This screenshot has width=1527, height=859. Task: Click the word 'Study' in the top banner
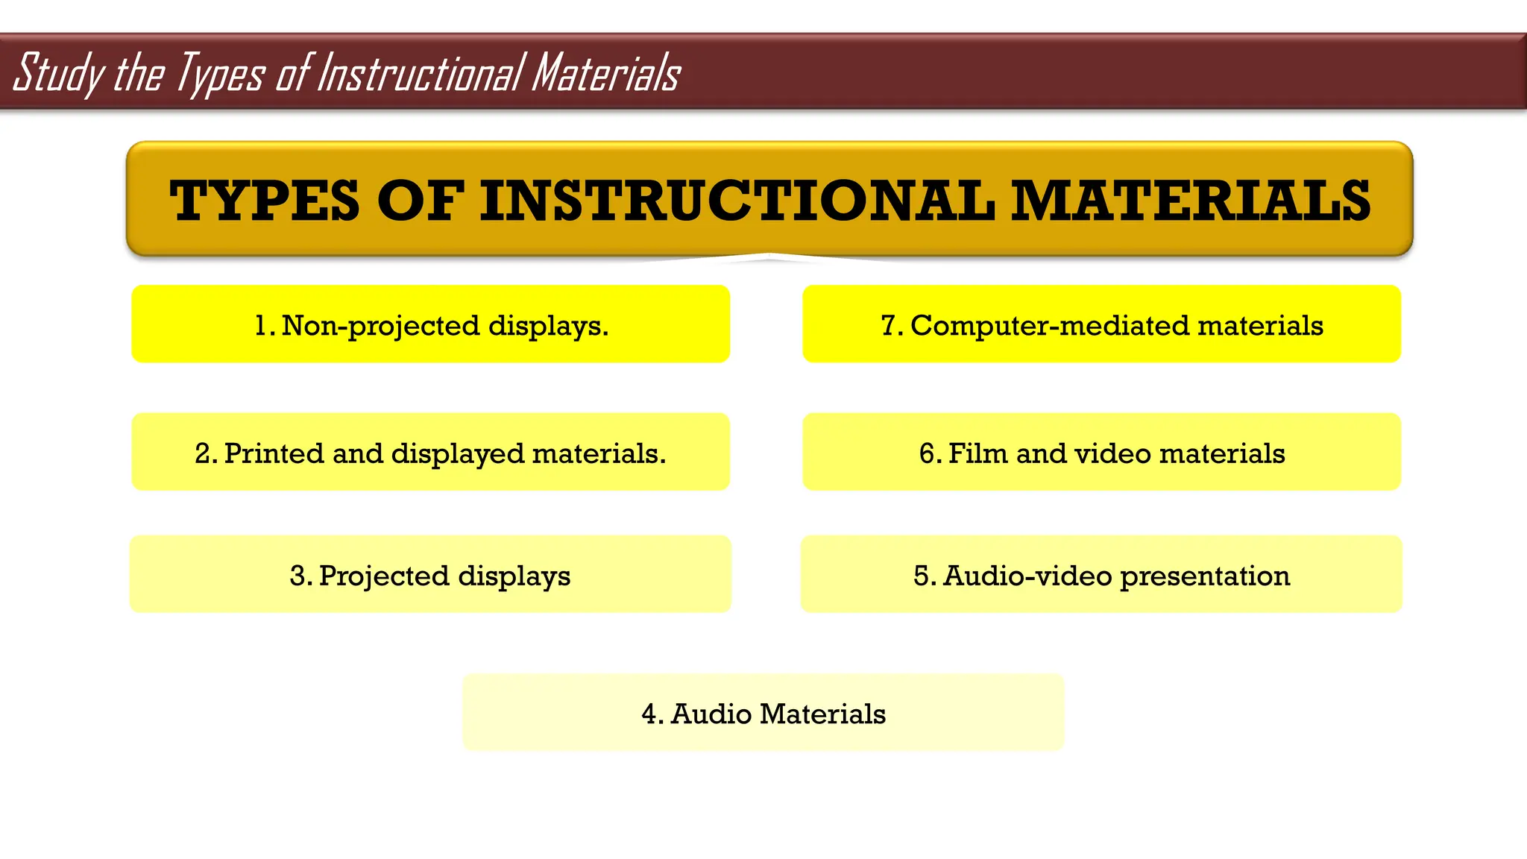[x=58, y=73]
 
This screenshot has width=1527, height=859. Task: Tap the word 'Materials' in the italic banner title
[x=605, y=73]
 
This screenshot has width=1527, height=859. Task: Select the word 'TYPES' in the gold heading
[x=265, y=201]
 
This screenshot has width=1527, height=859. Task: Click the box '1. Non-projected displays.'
[x=430, y=324]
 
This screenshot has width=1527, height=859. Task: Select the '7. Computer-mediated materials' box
[x=1101, y=324]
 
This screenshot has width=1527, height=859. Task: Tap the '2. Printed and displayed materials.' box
[x=430, y=452]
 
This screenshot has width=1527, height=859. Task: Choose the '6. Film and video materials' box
[x=1101, y=452]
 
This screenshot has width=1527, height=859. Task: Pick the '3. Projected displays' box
[x=430, y=574]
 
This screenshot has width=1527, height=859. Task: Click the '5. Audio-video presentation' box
[x=1101, y=574]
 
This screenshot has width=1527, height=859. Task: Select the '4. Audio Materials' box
[x=763, y=712]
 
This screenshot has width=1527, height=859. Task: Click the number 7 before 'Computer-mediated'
[x=889, y=326]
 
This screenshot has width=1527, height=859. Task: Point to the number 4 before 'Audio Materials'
[x=649, y=714]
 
